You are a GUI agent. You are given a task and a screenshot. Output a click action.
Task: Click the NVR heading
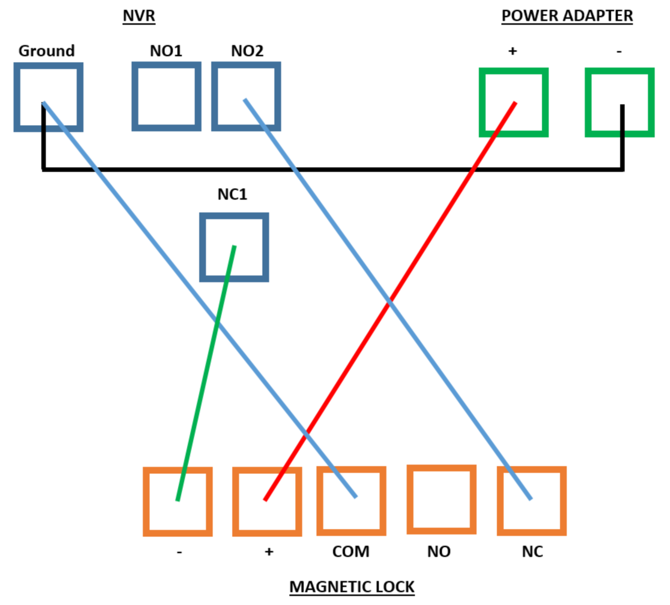[139, 16]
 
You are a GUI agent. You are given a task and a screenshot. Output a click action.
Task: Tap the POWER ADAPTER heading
[567, 16]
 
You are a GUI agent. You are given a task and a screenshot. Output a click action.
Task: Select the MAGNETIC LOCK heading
[352, 587]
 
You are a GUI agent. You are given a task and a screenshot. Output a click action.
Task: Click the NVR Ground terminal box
[49, 97]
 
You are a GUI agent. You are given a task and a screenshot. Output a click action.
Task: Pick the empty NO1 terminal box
[166, 96]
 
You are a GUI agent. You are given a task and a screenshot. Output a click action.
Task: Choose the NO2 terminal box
[246, 96]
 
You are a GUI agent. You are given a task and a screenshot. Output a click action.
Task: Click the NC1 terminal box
[234, 247]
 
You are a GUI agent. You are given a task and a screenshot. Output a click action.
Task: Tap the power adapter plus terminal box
[514, 102]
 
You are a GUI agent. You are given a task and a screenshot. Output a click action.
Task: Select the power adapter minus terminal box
[619, 102]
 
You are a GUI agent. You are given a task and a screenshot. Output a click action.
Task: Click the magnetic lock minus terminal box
[178, 502]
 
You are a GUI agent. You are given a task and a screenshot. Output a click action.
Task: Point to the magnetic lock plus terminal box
[267, 502]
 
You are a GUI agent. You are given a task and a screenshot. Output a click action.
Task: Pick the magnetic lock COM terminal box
[352, 501]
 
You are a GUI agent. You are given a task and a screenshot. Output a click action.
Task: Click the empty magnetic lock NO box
[442, 500]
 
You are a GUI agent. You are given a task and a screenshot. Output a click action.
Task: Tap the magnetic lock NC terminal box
[532, 501]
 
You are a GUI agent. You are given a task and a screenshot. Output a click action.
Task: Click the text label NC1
[232, 194]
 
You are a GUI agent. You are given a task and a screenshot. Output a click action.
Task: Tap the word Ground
[46, 51]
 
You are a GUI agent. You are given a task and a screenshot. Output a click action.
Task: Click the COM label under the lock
[351, 552]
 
